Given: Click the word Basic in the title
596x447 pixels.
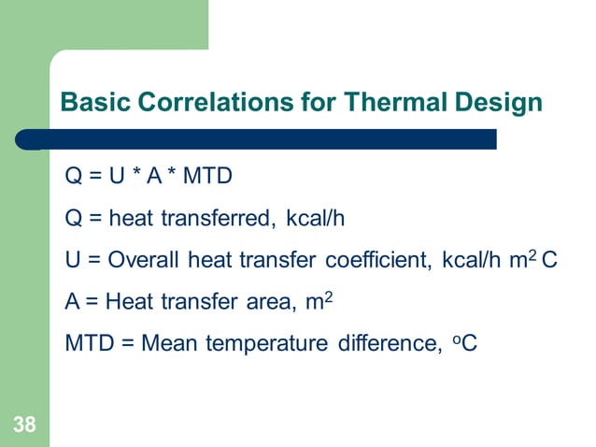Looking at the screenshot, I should coord(91,102).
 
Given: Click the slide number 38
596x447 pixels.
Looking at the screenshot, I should coord(24,426).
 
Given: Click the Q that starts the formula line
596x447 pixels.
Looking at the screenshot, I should coord(73,178).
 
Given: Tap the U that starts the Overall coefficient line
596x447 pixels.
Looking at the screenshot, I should coord(72,260).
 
